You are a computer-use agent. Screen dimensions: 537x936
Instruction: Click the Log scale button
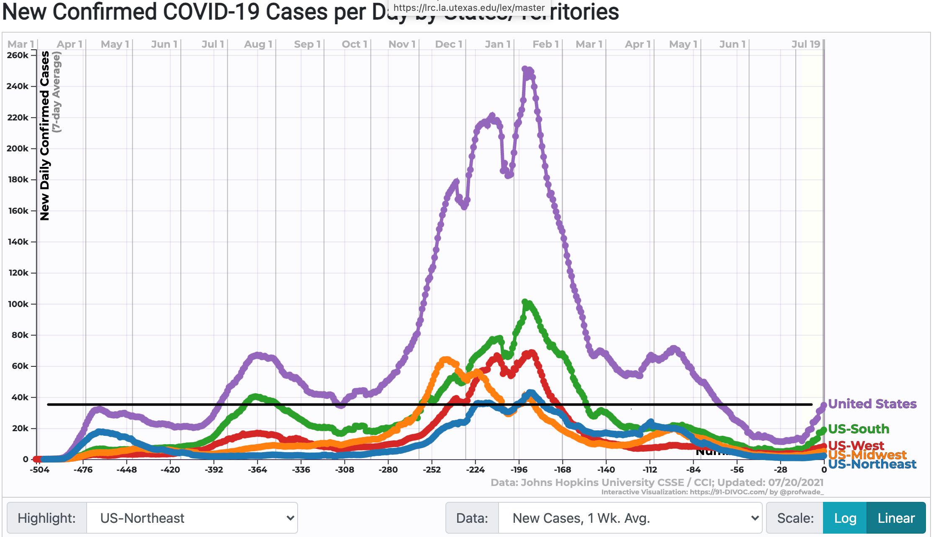pyautogui.click(x=844, y=518)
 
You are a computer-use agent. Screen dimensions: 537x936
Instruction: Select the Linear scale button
pyautogui.click(x=896, y=518)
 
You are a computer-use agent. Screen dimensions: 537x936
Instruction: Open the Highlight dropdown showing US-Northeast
pyautogui.click(x=192, y=518)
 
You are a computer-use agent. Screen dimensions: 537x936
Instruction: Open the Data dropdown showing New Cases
pyautogui.click(x=630, y=518)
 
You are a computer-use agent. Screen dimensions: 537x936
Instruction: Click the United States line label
pyautogui.click(x=872, y=404)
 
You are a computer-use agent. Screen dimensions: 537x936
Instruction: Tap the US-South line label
pyautogui.click(x=858, y=429)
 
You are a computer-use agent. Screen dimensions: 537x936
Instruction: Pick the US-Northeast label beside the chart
pyautogui.click(x=872, y=464)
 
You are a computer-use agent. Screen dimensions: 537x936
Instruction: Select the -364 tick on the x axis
pyautogui.click(x=257, y=470)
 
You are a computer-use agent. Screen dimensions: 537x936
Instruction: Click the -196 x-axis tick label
pyautogui.click(x=519, y=470)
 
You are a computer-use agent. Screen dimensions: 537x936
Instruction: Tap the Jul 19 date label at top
pyautogui.click(x=806, y=44)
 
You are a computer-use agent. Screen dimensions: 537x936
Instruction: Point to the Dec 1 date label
pyautogui.click(x=448, y=44)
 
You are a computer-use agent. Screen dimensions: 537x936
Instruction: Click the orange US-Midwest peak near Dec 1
pyautogui.click(x=446, y=360)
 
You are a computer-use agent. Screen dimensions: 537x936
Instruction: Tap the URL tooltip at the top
pyautogui.click(x=469, y=8)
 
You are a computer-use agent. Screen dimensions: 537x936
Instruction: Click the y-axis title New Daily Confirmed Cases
pyautogui.click(x=45, y=136)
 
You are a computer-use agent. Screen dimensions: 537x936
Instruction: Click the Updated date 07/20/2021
pyautogui.click(x=795, y=483)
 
